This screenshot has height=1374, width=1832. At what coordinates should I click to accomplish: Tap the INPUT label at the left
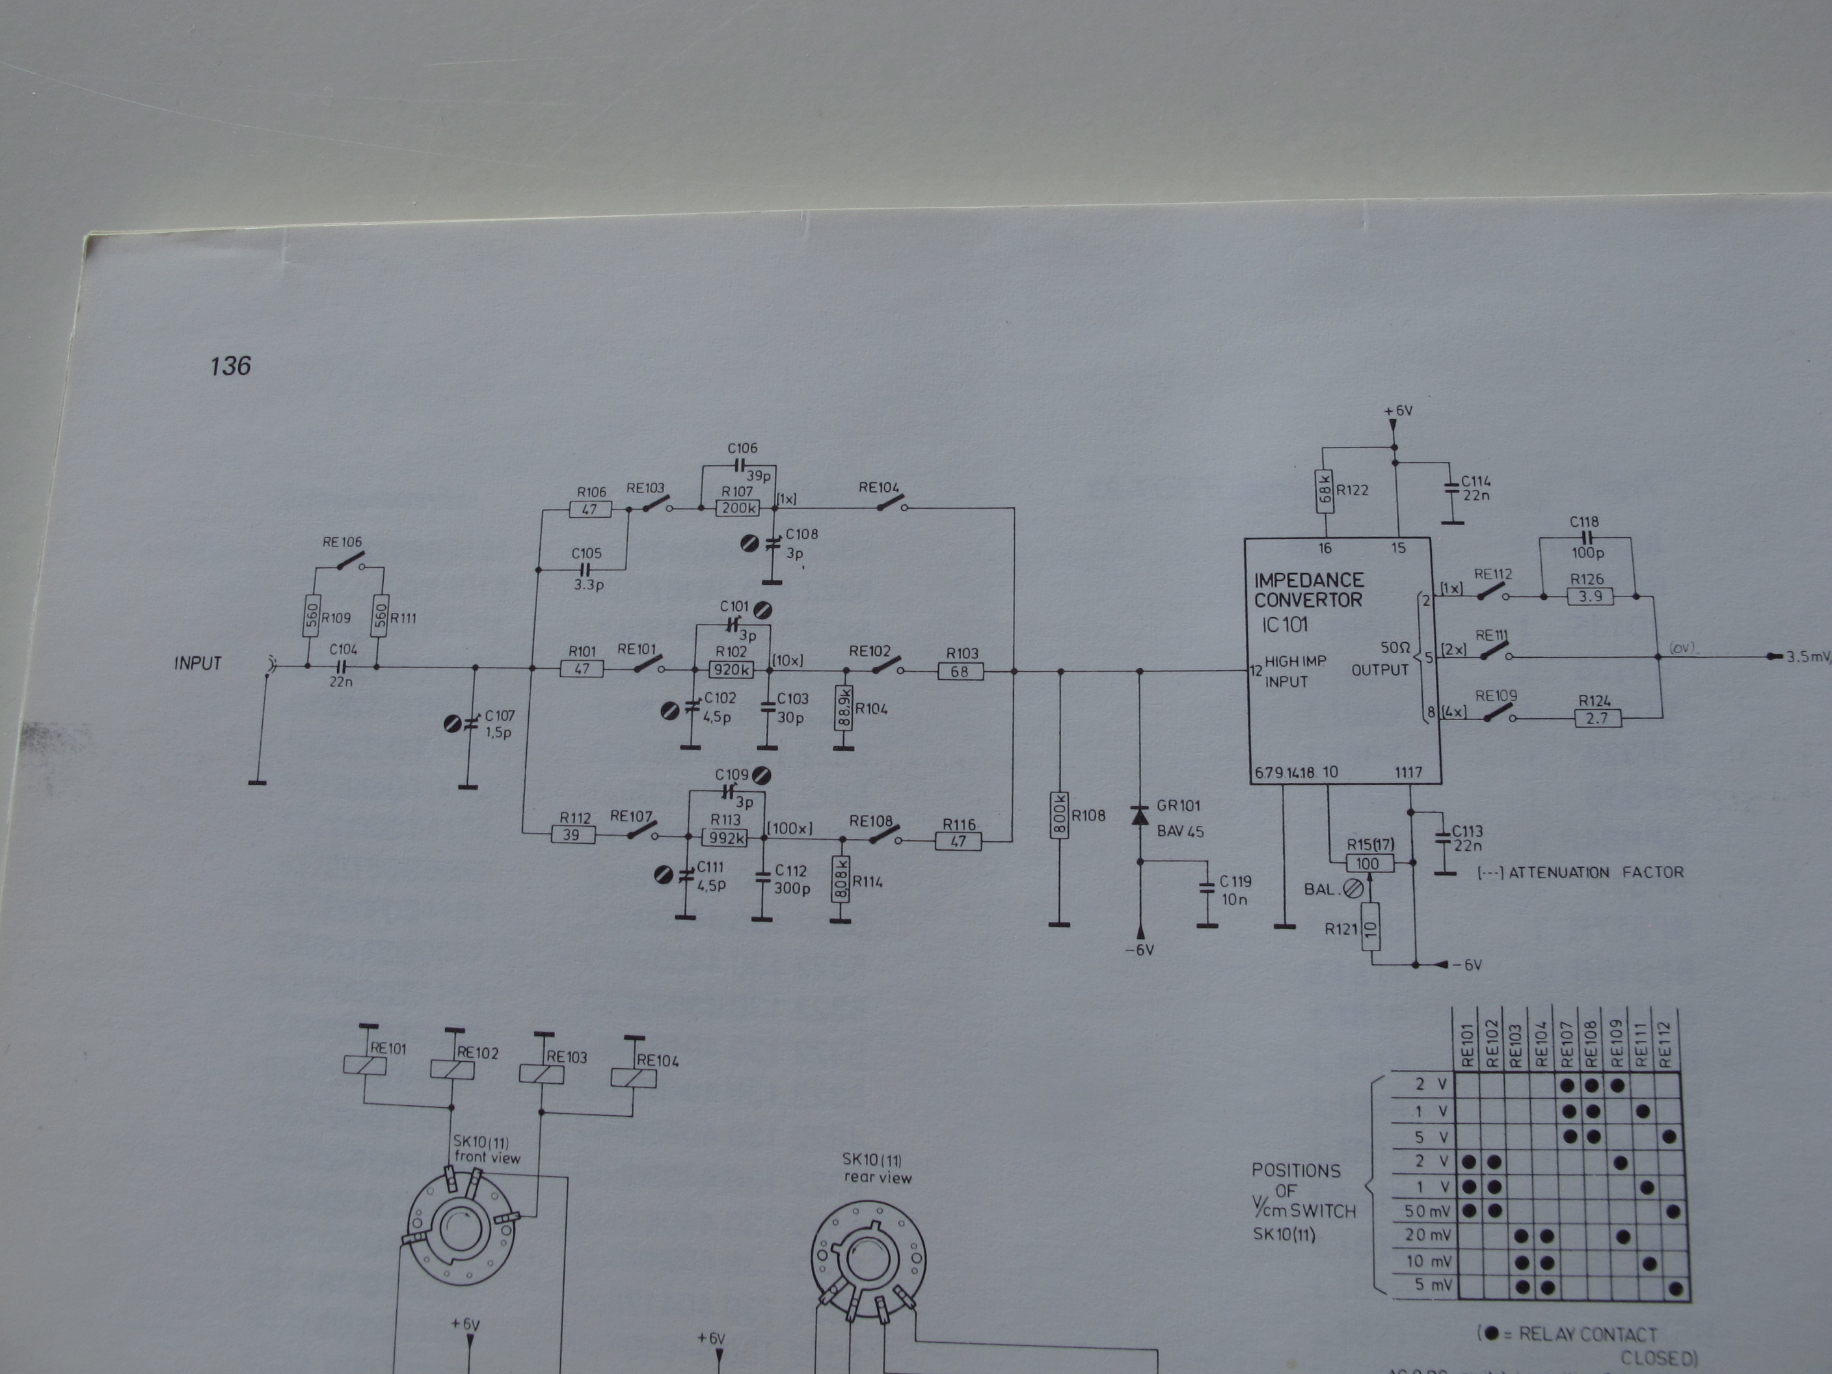(x=198, y=664)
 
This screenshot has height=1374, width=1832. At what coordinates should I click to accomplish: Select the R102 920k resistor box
(x=731, y=669)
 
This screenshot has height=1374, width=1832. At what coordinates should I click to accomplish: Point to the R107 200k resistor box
(x=738, y=507)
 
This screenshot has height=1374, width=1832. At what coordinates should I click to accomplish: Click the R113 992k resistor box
(x=725, y=838)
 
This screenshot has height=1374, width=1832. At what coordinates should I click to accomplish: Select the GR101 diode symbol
(x=1140, y=815)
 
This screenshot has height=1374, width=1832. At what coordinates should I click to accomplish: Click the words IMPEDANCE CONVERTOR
(x=1308, y=589)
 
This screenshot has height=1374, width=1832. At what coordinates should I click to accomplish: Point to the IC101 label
(x=1285, y=625)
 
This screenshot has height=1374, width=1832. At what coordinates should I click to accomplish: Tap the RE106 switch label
(x=342, y=543)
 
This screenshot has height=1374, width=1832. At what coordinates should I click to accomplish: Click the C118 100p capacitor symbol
(x=1584, y=537)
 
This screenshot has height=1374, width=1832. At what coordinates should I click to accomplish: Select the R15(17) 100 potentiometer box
(x=1368, y=864)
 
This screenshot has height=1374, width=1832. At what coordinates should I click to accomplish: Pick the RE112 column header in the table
(x=1665, y=1044)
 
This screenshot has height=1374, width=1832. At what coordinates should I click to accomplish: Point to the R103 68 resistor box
(x=960, y=671)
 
